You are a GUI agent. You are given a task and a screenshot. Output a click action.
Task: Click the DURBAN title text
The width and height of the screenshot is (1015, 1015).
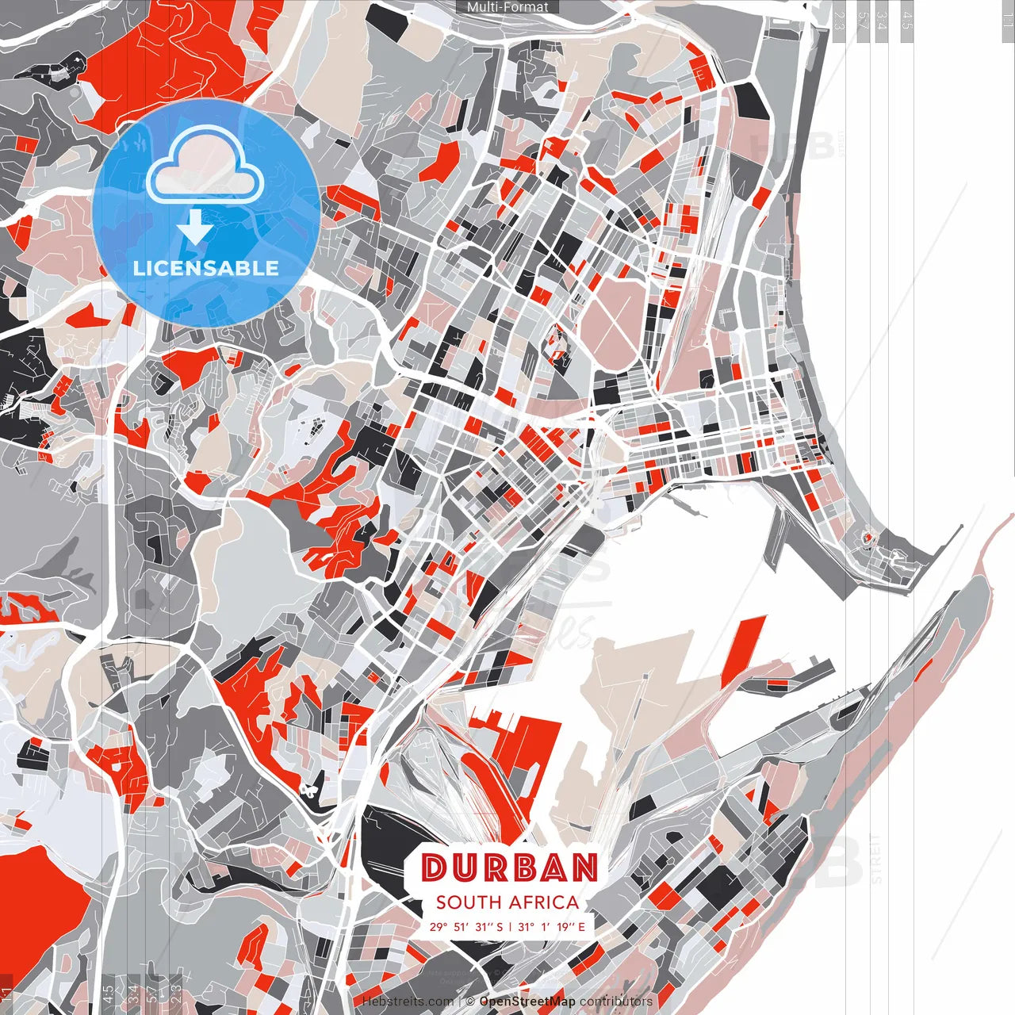click(509, 868)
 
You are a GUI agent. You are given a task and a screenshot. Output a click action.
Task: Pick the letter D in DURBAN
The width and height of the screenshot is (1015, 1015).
click(434, 868)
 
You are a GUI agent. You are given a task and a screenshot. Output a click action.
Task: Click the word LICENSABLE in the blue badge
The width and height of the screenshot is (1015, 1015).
click(206, 268)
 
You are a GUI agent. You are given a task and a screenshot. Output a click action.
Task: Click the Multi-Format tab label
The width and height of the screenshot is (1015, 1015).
click(507, 7)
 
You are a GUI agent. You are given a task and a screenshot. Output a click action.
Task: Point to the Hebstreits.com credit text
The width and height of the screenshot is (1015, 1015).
click(408, 1002)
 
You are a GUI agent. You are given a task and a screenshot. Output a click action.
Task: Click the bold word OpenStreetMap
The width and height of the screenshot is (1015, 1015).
click(527, 1002)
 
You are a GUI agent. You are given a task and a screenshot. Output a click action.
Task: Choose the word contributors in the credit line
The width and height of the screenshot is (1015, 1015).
click(616, 1002)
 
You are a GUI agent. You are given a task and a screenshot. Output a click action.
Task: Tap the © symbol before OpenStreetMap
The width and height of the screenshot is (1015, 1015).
click(470, 1002)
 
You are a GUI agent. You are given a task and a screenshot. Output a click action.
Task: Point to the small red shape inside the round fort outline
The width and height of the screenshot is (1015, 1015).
click(867, 540)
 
